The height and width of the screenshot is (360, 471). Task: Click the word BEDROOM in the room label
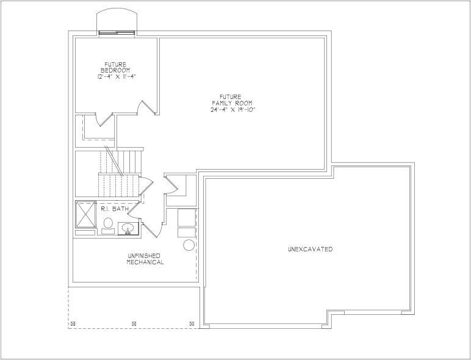pyautogui.click(x=115, y=70)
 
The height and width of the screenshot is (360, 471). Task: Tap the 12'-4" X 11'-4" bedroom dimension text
pyautogui.click(x=117, y=77)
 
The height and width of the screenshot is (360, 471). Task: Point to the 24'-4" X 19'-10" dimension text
pyautogui.click(x=233, y=109)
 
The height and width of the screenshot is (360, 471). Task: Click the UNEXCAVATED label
pyautogui.click(x=311, y=249)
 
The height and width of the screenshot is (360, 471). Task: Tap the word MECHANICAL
pyautogui.click(x=145, y=262)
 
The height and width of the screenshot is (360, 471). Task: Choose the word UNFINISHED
pyautogui.click(x=144, y=256)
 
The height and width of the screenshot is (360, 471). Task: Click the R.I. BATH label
pyautogui.click(x=115, y=209)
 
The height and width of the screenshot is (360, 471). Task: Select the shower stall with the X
pyautogui.click(x=85, y=214)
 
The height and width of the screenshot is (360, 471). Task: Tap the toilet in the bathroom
pyautogui.click(x=108, y=226)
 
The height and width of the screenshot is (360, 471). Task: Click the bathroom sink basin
pyautogui.click(x=128, y=228)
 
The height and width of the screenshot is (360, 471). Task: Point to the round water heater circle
pyautogui.click(x=189, y=245)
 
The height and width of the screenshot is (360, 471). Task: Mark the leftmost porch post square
pyautogui.click(x=73, y=323)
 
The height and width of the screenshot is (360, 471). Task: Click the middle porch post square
pyautogui.click(x=134, y=323)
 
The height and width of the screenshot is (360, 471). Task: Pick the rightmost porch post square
pyautogui.click(x=192, y=323)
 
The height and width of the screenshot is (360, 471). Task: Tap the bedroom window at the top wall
pyautogui.click(x=117, y=32)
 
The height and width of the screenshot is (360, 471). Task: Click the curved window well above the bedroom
pyautogui.click(x=117, y=9)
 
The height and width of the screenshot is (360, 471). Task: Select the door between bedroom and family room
pyautogui.click(x=147, y=108)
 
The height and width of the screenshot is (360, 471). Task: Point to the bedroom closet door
pyautogui.click(x=104, y=120)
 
